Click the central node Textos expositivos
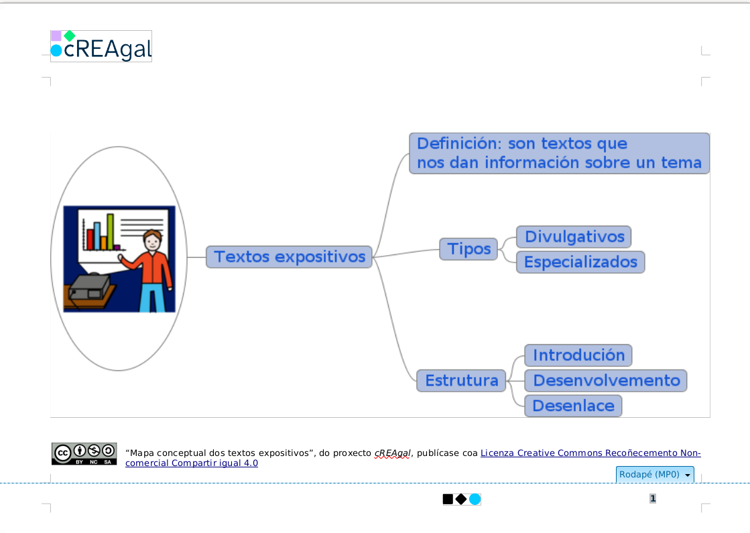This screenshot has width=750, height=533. [289, 256]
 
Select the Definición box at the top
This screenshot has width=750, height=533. [559, 153]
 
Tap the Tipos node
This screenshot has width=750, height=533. [468, 249]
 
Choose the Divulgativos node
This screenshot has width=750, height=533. [574, 236]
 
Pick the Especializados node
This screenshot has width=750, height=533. [580, 262]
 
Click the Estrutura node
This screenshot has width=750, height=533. [461, 380]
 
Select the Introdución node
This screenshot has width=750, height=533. [578, 355]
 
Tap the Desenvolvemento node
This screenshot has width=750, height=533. [606, 380]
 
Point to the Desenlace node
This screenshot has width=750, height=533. [573, 406]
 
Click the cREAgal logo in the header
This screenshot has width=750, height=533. [101, 47]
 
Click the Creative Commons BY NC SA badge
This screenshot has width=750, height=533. [84, 454]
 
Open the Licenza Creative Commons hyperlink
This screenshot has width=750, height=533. [590, 453]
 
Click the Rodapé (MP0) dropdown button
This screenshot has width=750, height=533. [654, 475]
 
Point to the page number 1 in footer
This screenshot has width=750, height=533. [653, 499]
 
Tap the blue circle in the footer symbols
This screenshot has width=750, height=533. [475, 499]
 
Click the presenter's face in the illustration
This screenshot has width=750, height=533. [153, 241]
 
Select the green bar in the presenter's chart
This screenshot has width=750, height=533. [111, 232]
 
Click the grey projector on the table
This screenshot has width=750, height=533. [90, 288]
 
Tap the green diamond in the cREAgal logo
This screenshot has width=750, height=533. [69, 35]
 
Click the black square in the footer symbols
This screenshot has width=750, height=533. [448, 499]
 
